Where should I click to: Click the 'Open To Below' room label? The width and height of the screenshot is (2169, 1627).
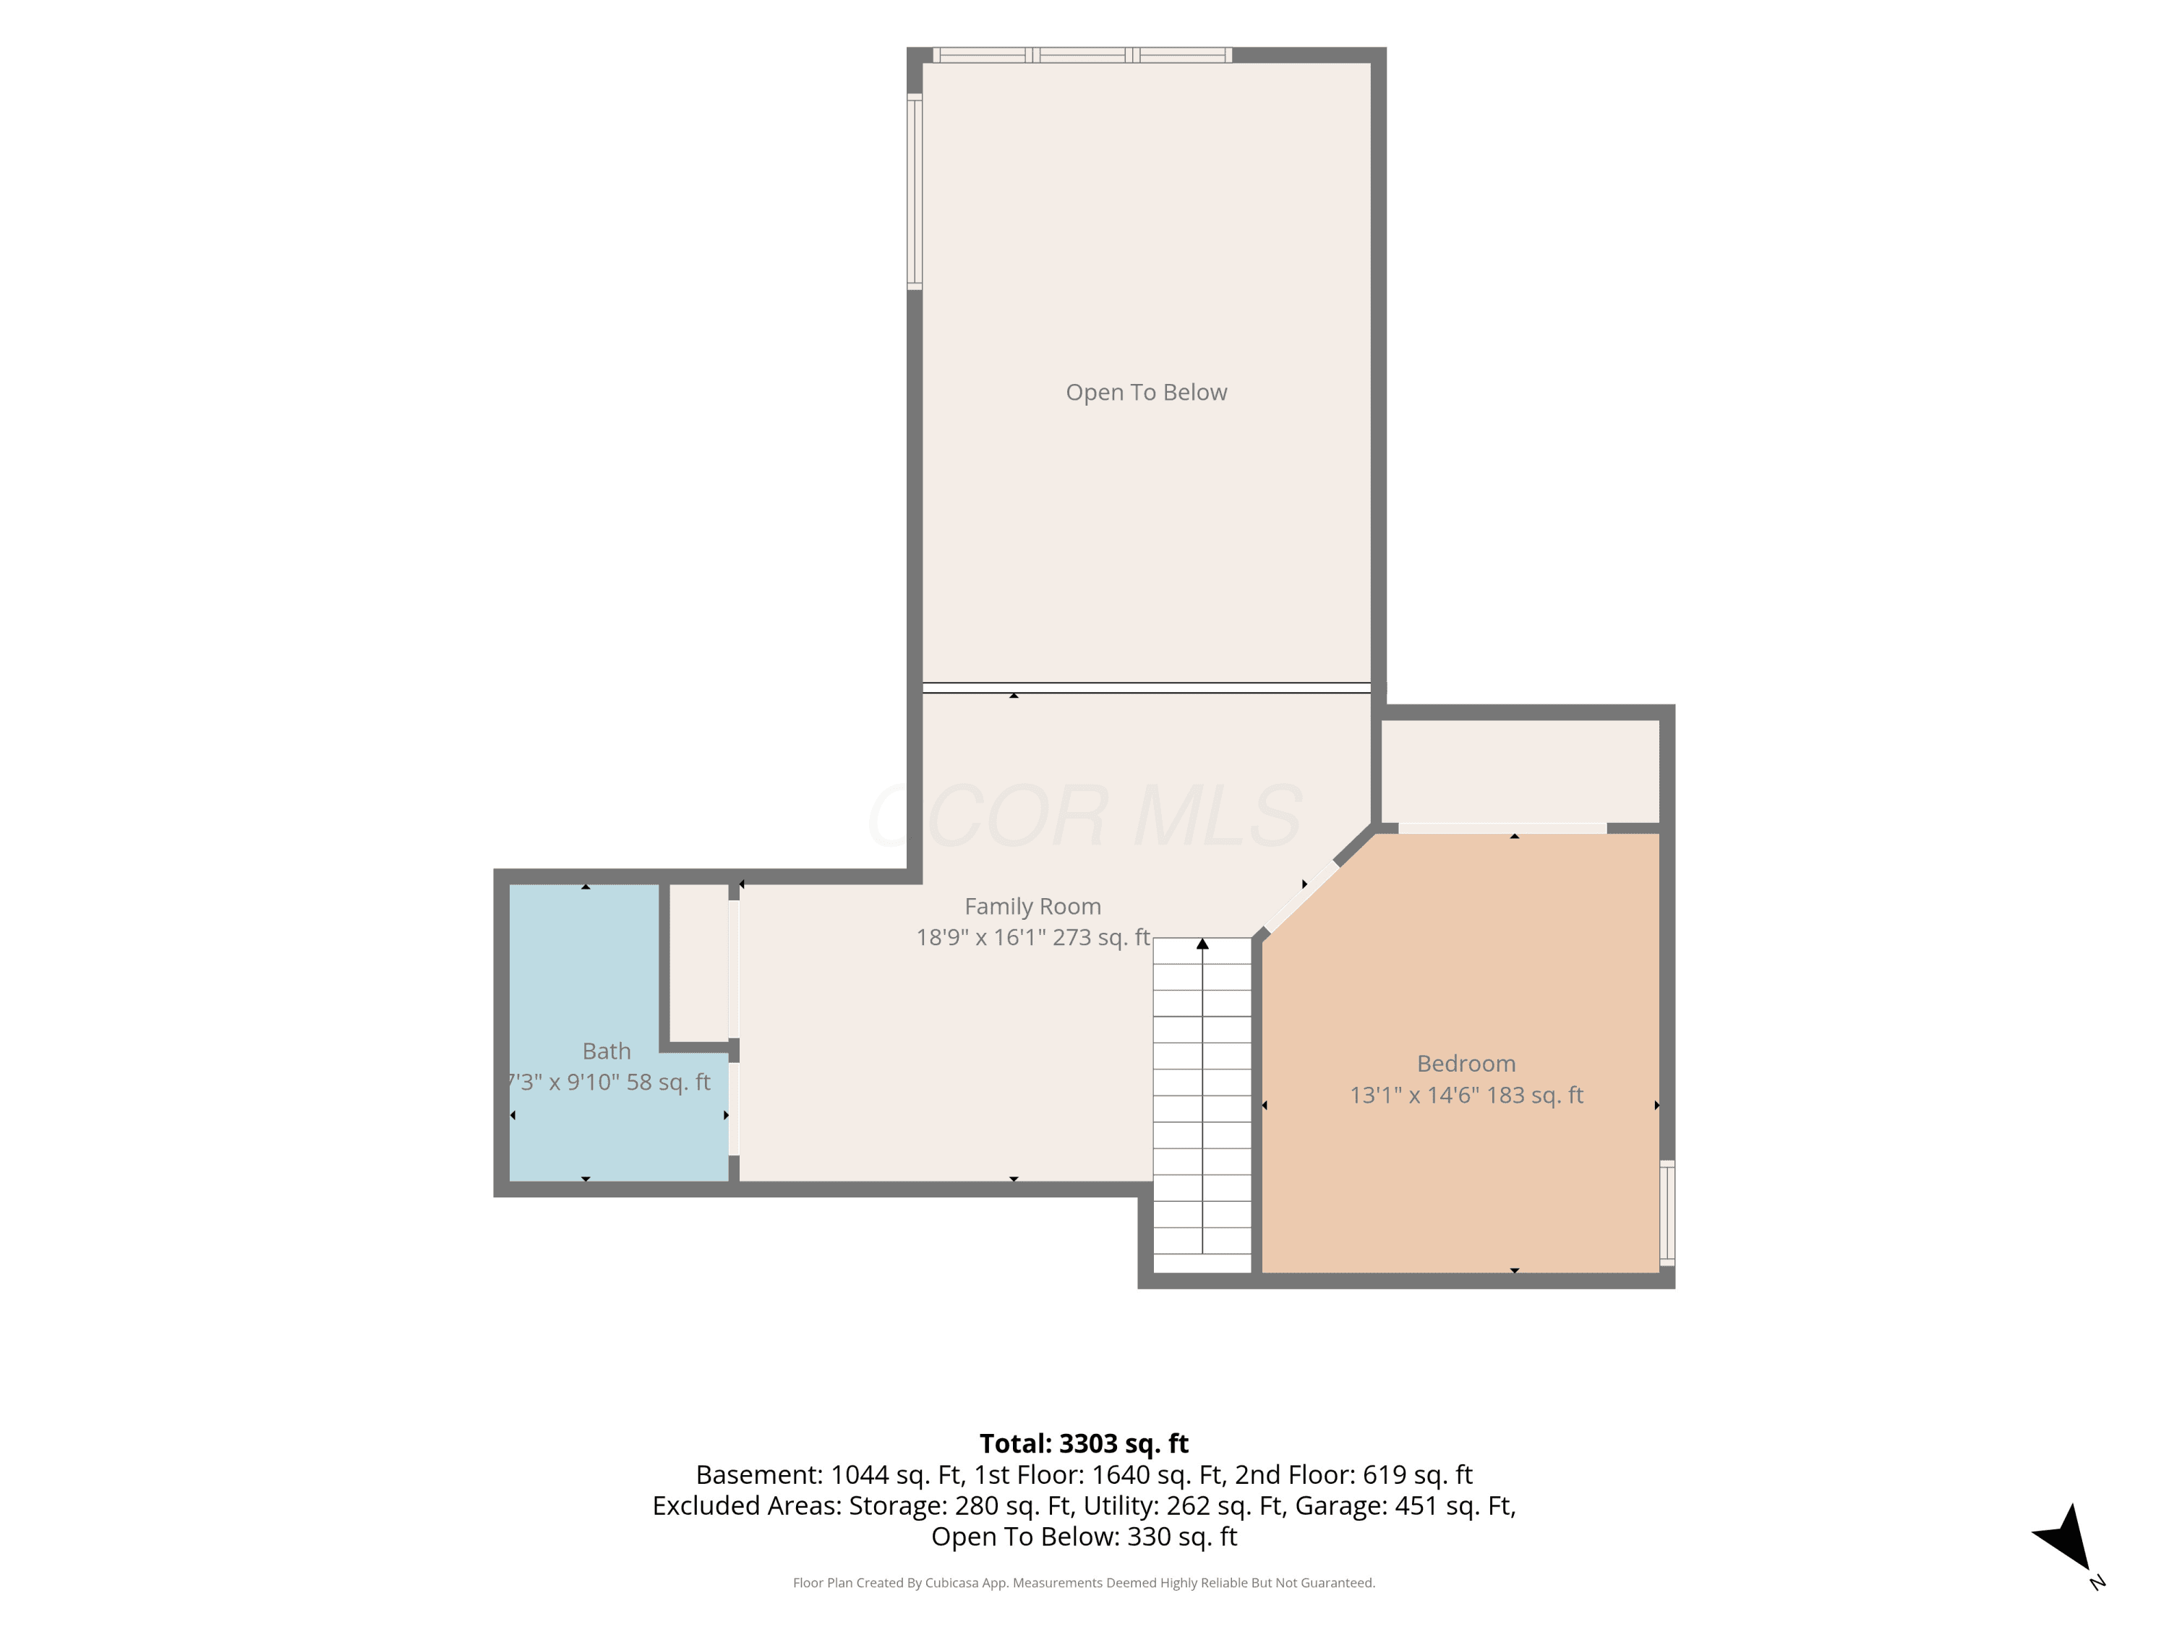click(x=1146, y=392)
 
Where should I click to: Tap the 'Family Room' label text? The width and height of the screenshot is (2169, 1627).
click(x=1032, y=906)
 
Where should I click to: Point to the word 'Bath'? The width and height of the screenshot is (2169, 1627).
click(x=606, y=1051)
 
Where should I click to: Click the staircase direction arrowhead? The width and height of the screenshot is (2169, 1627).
click(x=1202, y=944)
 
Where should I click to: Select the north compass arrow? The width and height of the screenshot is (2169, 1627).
click(x=2065, y=1540)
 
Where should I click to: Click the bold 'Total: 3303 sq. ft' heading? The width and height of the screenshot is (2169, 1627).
click(x=1084, y=1443)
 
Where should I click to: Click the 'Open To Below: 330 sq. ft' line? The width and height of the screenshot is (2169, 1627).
click(x=1084, y=1536)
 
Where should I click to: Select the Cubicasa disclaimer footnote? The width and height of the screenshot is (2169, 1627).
click(x=1084, y=1582)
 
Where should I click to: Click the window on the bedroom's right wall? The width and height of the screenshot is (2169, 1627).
click(x=1667, y=1212)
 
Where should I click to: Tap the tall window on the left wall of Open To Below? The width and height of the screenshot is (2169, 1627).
click(x=914, y=191)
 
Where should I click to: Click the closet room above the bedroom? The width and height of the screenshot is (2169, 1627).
click(x=1520, y=772)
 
